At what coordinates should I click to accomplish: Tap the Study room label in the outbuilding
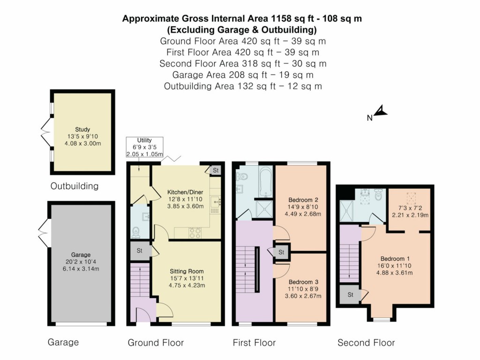pos(82,129)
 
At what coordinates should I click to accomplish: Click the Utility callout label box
pos(144,147)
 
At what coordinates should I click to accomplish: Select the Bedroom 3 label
pos(300,282)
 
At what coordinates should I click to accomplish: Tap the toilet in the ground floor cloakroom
pos(136,231)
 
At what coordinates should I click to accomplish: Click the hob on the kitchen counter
pos(195,231)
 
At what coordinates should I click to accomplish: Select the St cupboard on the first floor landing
pos(281,252)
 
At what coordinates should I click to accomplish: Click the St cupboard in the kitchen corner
pos(215,170)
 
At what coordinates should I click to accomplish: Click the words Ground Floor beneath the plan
pos(156,343)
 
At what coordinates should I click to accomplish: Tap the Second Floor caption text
pos(366,343)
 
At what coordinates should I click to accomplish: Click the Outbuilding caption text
pos(75,186)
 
